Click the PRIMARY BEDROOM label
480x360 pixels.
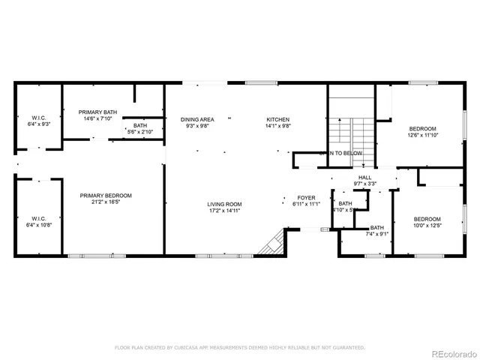pyautogui.click(x=106, y=196)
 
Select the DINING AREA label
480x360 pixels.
pyautogui.click(x=197, y=120)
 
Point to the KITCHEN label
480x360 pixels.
pyautogui.click(x=277, y=120)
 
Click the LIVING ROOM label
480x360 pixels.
pyautogui.click(x=224, y=204)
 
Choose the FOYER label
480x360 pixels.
pyautogui.click(x=305, y=198)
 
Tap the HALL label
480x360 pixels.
pyautogui.click(x=364, y=177)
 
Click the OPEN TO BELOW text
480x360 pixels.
pyautogui.click(x=341, y=153)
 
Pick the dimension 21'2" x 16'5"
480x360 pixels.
pyautogui.click(x=106, y=202)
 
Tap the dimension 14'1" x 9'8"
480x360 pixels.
pyautogui.click(x=277, y=126)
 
